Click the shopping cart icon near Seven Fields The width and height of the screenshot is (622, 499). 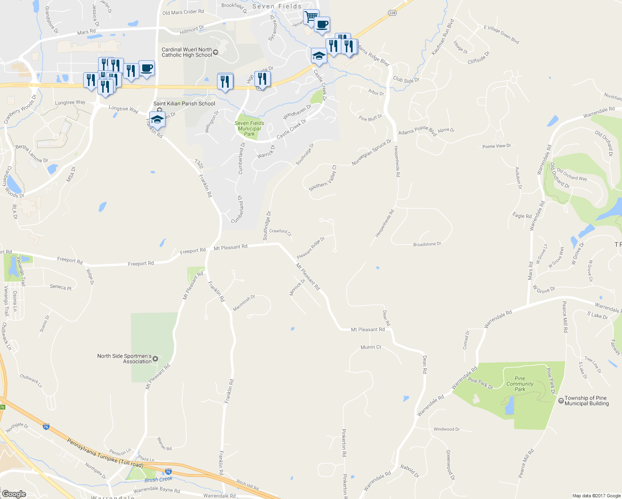click(x=311, y=17)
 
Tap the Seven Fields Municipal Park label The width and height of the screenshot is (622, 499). click(x=249, y=128)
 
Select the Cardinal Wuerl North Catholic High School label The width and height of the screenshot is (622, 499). click(x=187, y=52)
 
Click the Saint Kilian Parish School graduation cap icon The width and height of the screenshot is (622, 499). click(x=157, y=119)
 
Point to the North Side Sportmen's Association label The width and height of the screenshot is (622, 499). click(x=124, y=359)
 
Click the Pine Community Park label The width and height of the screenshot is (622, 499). click(x=520, y=384)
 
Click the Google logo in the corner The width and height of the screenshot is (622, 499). click(x=14, y=494)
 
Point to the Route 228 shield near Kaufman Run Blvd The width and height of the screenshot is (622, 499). click(x=392, y=13)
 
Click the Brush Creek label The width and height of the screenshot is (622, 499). click(x=158, y=479)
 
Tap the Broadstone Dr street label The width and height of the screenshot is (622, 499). click(x=427, y=244)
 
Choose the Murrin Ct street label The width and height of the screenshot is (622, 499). click(x=371, y=347)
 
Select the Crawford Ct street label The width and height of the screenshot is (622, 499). click(x=280, y=231)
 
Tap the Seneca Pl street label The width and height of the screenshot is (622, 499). click(x=61, y=287)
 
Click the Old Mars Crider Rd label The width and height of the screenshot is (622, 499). click(x=183, y=12)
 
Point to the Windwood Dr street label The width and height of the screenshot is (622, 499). click(x=447, y=429)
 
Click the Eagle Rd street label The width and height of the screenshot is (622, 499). click(x=522, y=215)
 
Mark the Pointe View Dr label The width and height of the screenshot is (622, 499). click(x=496, y=146)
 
